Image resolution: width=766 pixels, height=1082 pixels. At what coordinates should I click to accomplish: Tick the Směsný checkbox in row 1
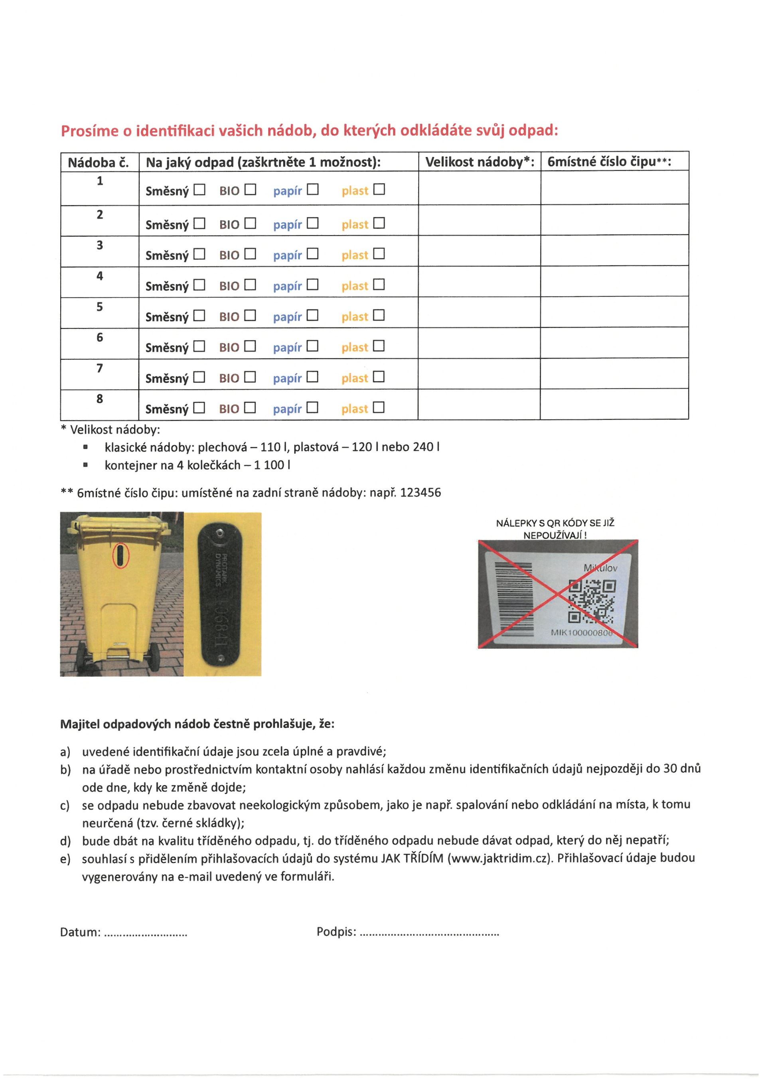click(x=200, y=190)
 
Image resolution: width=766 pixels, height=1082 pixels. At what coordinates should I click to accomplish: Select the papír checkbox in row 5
click(x=312, y=315)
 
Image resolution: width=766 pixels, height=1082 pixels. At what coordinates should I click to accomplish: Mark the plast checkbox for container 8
click(x=379, y=407)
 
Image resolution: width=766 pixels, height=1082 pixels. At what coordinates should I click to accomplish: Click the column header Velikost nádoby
click(x=479, y=162)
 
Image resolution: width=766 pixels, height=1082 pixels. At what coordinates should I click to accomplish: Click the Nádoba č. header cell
click(x=98, y=163)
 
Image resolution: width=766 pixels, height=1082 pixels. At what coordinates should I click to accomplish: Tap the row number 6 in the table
click(x=99, y=338)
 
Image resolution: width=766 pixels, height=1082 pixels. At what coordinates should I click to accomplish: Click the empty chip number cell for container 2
click(x=614, y=220)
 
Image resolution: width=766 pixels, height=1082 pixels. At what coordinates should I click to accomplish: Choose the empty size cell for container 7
click(x=479, y=374)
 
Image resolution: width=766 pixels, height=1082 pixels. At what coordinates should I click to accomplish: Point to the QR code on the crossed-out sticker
click(x=592, y=601)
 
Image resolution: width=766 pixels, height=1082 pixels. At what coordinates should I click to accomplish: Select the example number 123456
click(x=420, y=493)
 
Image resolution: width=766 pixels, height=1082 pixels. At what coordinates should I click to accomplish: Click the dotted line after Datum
click(x=145, y=933)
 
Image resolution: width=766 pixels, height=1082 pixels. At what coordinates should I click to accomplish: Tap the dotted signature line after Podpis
click(x=429, y=933)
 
